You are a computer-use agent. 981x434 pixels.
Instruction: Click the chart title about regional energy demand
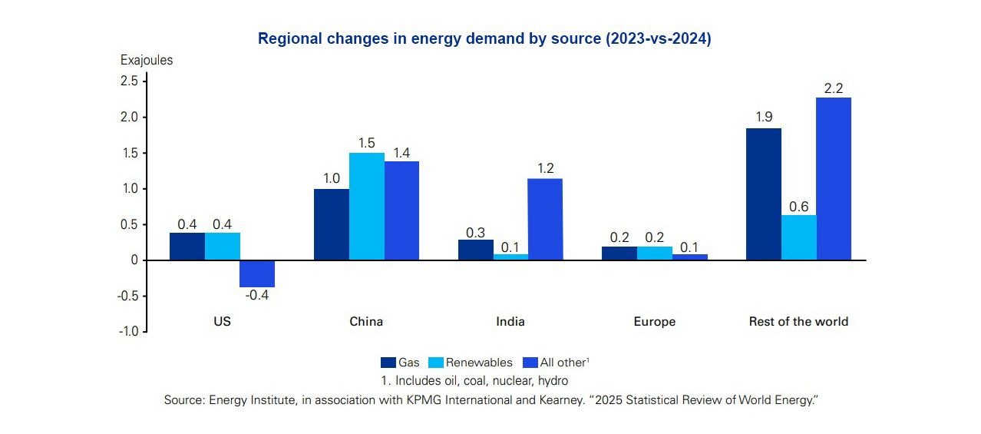click(x=484, y=39)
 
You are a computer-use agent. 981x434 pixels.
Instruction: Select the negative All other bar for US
click(x=257, y=273)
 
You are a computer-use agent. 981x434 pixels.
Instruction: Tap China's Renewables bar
click(x=366, y=206)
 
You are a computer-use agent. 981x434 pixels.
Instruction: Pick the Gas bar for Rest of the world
click(x=763, y=194)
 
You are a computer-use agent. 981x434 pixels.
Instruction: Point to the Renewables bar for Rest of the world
click(x=798, y=237)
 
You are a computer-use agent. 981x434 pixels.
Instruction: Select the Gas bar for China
click(x=331, y=224)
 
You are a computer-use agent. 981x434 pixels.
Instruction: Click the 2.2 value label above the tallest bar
click(x=834, y=88)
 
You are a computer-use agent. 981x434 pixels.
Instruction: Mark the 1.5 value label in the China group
click(x=366, y=144)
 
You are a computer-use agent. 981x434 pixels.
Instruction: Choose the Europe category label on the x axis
click(x=654, y=322)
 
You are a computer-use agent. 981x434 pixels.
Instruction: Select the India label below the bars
click(x=510, y=322)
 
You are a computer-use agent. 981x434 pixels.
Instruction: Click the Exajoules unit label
click(x=147, y=60)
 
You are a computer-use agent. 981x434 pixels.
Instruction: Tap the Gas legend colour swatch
click(x=388, y=363)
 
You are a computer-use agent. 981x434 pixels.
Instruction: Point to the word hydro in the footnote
click(x=553, y=380)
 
